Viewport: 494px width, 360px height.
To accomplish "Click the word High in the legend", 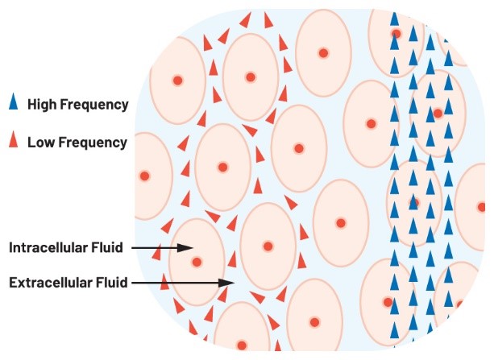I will pos(42,105).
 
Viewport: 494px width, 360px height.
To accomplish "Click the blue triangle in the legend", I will pos(12,103).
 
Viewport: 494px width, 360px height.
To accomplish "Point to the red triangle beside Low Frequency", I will pos(12,143).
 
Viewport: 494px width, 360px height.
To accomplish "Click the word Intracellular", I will pos(48,248).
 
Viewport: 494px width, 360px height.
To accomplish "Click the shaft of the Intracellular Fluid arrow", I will pos(157,248).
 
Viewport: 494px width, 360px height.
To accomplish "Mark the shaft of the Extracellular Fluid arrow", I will pos(177,283).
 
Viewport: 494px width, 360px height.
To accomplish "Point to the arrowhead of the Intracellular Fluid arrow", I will pos(188,248).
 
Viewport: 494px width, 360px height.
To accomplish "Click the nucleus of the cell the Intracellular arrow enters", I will pos(196,262).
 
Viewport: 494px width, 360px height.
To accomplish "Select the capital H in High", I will pos(32,105).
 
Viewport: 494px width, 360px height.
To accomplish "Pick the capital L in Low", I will pos(31,143).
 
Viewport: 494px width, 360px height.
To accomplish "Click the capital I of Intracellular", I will pos(10,248).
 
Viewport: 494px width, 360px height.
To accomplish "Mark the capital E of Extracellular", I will pos(11,283).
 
